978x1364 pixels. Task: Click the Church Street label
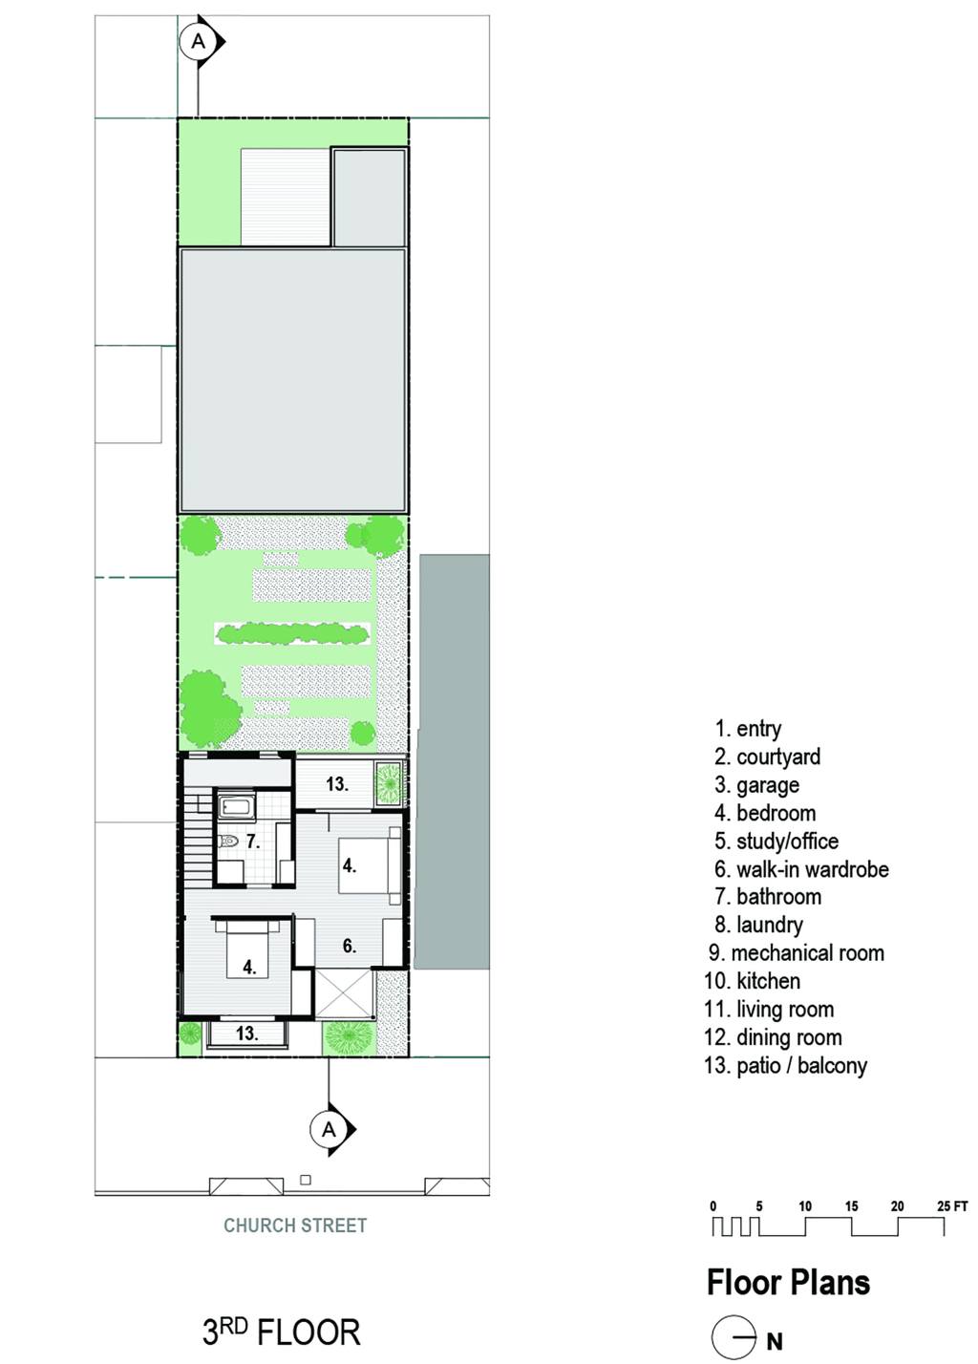pyautogui.click(x=295, y=1225)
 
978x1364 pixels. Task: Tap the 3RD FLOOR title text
pyautogui.click(x=282, y=1332)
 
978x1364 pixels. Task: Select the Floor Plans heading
pyautogui.click(x=788, y=1282)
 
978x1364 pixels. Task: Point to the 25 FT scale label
pyautogui.click(x=952, y=1205)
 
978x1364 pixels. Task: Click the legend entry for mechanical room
pyautogui.click(x=796, y=952)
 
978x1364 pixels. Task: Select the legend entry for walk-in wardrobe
pyautogui.click(x=801, y=869)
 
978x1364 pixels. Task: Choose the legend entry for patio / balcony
pyautogui.click(x=786, y=1065)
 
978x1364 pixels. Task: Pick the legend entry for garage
pyautogui.click(x=756, y=785)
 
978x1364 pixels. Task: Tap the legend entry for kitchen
pyautogui.click(x=752, y=980)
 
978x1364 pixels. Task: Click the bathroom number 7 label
pyautogui.click(x=253, y=841)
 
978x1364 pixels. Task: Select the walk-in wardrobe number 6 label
pyautogui.click(x=349, y=945)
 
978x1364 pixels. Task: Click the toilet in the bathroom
pyautogui.click(x=229, y=842)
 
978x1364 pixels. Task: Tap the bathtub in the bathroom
pyautogui.click(x=236, y=807)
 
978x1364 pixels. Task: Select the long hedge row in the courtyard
pyautogui.click(x=293, y=633)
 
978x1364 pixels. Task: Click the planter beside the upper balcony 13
pyautogui.click(x=388, y=782)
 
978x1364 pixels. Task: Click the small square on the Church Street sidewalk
pyautogui.click(x=306, y=1180)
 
